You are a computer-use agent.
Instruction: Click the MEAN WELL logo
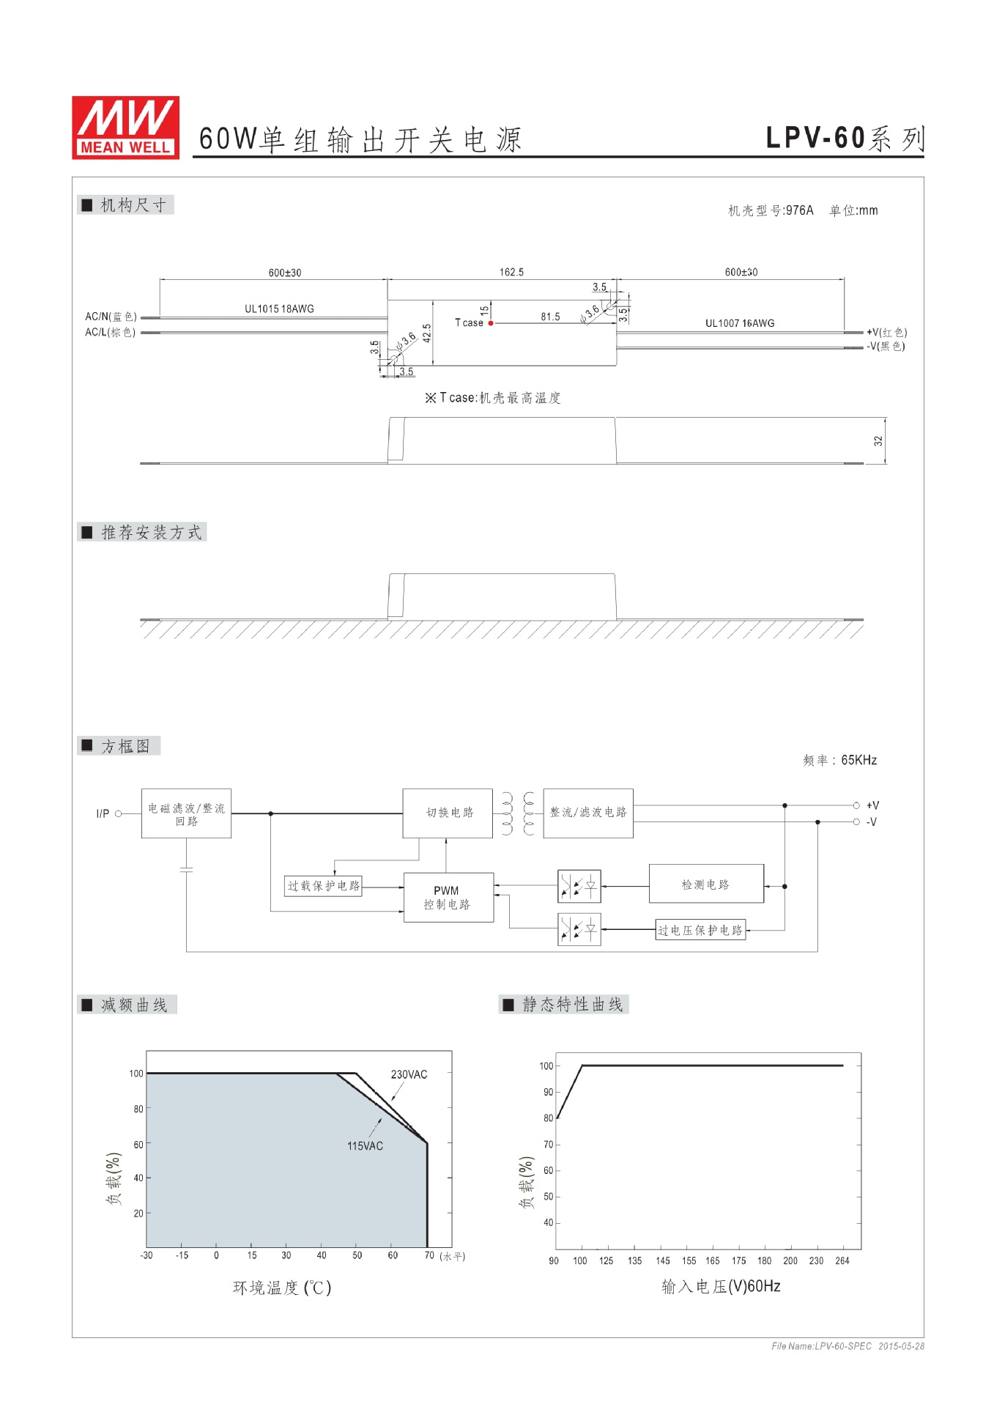[x=125, y=128]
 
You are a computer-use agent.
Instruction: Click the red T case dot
[x=491, y=323]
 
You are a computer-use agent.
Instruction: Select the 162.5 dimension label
[x=511, y=273]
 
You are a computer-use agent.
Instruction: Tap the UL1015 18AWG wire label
[x=279, y=309]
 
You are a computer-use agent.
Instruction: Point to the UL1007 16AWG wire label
[x=739, y=323]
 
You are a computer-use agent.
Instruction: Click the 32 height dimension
[x=878, y=441]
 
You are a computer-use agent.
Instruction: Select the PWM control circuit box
[x=448, y=898]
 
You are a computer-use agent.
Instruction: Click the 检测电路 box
[x=706, y=885]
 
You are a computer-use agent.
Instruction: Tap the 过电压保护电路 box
[x=700, y=931]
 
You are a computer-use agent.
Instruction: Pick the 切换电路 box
[x=448, y=813]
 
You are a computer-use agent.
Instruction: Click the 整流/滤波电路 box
[x=588, y=813]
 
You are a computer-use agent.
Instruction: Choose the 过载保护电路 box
[x=323, y=886]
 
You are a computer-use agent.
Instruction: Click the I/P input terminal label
[x=103, y=813]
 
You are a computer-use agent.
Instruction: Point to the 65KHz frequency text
[x=858, y=761]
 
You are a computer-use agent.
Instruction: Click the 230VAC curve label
[x=409, y=1075]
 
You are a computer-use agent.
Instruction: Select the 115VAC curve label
[x=365, y=1146]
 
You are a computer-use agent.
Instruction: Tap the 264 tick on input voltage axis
[x=842, y=1261]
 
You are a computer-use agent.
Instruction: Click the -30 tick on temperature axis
[x=146, y=1256]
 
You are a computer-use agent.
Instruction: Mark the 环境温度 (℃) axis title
[x=282, y=1288]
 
